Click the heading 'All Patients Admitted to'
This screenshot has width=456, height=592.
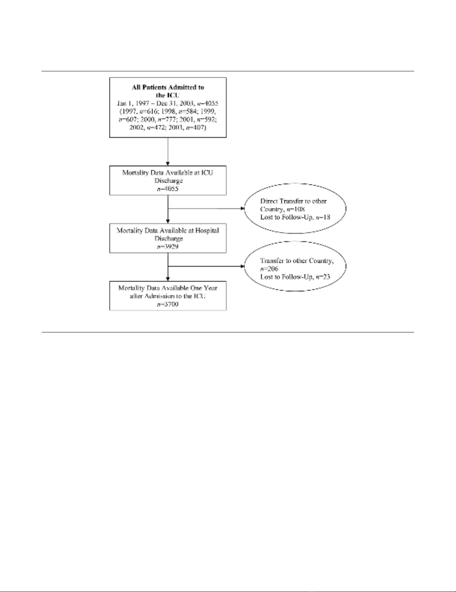(x=168, y=87)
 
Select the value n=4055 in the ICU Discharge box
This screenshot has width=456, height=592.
(x=168, y=189)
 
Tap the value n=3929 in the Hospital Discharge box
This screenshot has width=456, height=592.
(x=168, y=247)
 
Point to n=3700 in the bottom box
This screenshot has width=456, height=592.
(x=168, y=304)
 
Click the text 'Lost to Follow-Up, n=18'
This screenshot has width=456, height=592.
(x=295, y=217)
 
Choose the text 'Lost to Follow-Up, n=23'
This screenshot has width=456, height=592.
(x=295, y=277)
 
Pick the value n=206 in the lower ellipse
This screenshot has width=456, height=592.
(x=269, y=269)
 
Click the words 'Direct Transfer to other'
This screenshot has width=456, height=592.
(x=294, y=201)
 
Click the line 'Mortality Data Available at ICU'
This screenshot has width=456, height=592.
(x=168, y=173)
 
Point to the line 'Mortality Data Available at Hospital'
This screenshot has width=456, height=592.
(x=168, y=230)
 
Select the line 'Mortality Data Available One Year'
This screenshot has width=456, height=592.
(x=168, y=288)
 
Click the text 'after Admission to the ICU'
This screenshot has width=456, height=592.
(x=168, y=296)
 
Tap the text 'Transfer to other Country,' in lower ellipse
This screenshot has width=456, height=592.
(x=297, y=261)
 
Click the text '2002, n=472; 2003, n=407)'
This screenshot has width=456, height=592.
(x=168, y=128)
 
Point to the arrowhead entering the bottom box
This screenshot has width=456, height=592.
(x=168, y=279)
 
